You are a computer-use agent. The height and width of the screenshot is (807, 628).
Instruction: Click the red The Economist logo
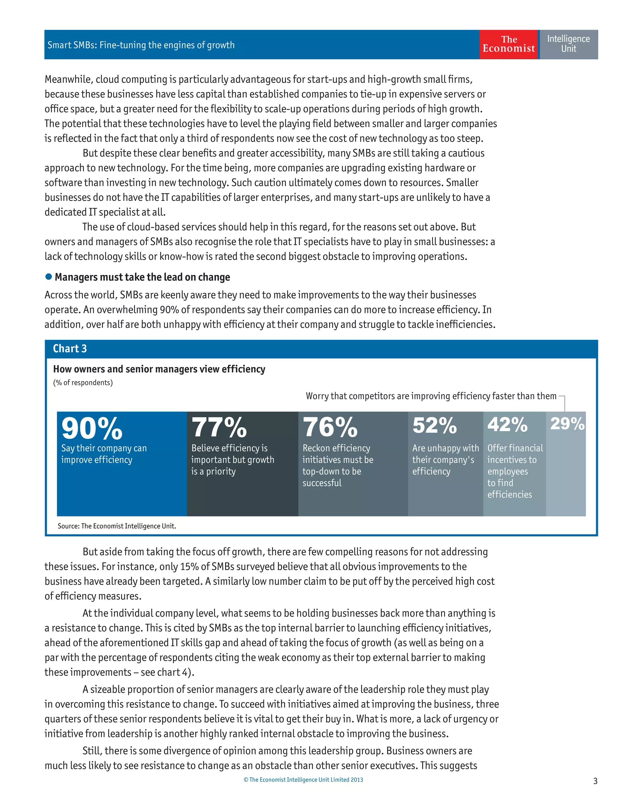[509, 44]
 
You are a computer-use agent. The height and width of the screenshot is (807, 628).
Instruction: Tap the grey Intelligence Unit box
[568, 44]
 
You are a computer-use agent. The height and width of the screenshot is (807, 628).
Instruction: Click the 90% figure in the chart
[92, 428]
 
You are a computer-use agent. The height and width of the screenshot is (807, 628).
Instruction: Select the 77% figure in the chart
[219, 427]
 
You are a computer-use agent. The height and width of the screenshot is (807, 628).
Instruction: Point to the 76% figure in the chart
[330, 427]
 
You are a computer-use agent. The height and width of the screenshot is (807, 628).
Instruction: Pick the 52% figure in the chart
[435, 425]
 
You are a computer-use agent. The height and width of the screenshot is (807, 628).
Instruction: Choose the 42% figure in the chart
[507, 424]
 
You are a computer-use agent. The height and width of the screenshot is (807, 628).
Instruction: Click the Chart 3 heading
[70, 348]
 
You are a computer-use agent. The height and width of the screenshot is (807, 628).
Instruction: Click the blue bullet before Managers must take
[48, 277]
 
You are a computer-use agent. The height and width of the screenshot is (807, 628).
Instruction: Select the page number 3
[595, 781]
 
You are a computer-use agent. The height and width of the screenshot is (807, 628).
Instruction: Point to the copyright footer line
[303, 780]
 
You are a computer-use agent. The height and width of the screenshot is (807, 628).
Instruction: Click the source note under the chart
[117, 526]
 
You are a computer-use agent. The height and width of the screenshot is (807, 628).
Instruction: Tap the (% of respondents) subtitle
[83, 383]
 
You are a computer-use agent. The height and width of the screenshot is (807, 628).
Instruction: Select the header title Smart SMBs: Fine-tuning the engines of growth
[141, 45]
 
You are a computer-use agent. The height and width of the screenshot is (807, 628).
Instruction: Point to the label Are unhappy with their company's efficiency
[445, 460]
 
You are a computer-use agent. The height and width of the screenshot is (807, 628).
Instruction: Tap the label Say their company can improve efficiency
[104, 454]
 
